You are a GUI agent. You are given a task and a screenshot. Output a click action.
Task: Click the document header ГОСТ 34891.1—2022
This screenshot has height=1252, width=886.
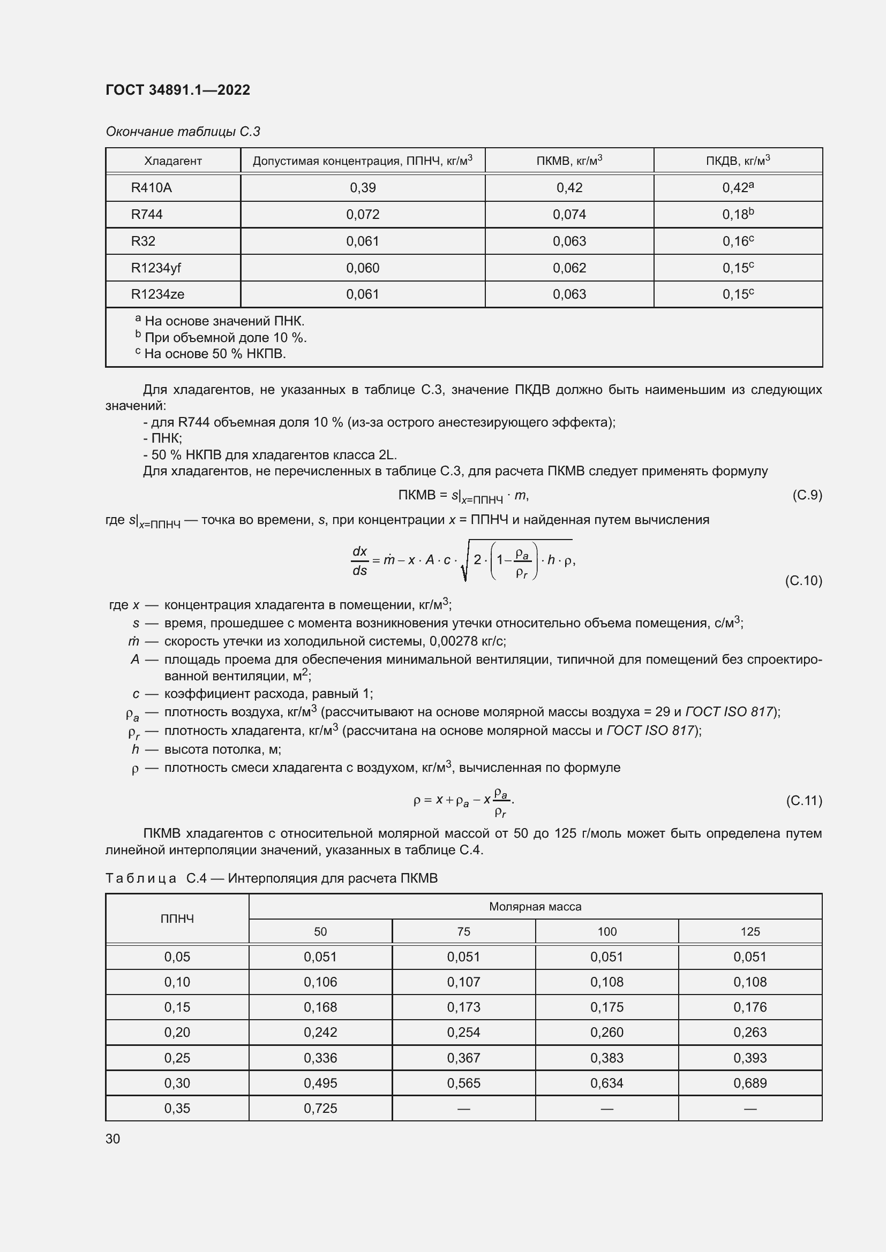click(x=178, y=90)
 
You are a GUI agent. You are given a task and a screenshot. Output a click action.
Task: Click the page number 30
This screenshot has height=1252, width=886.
click(x=113, y=1139)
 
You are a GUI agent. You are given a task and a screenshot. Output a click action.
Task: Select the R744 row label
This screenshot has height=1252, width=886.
click(x=147, y=214)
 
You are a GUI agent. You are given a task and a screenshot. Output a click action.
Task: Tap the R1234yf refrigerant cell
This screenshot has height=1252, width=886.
click(x=156, y=268)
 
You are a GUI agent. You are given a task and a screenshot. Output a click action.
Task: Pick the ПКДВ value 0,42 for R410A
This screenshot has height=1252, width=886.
click(x=738, y=187)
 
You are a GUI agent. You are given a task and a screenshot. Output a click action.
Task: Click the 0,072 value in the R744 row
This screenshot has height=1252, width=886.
click(x=363, y=214)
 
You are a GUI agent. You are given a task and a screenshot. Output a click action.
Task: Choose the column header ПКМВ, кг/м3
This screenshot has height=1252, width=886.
click(x=569, y=161)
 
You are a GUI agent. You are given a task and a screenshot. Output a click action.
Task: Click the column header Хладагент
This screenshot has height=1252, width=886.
click(x=173, y=161)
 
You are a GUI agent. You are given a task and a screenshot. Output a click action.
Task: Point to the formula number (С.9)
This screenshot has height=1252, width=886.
click(x=807, y=495)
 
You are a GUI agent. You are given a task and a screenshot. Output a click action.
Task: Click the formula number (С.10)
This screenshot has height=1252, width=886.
click(x=803, y=580)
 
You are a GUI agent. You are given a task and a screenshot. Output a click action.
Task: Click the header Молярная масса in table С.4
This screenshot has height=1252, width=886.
click(x=535, y=907)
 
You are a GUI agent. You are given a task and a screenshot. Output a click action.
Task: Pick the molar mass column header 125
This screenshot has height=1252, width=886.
click(x=750, y=932)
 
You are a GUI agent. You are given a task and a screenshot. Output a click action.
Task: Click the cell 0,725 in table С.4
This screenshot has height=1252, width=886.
click(x=320, y=1108)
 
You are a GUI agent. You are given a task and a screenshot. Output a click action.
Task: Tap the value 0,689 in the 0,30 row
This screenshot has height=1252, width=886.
click(x=750, y=1083)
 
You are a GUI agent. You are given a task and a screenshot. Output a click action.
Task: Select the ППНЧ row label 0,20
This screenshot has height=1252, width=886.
click(x=177, y=1032)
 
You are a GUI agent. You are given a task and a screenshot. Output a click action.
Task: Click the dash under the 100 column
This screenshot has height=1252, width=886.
click(x=607, y=1109)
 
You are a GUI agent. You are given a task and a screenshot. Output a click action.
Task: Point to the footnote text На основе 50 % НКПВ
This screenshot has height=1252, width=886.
click(x=215, y=354)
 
